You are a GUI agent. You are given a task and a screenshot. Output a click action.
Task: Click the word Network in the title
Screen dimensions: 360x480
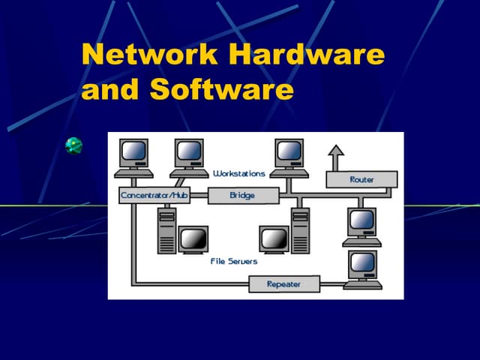[150, 55]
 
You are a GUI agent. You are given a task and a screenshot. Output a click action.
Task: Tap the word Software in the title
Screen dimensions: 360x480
[221, 90]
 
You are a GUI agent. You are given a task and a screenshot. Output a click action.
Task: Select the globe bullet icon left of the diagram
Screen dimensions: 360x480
[73, 145]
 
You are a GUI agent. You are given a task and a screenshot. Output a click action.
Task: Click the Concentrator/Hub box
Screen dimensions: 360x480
[154, 196]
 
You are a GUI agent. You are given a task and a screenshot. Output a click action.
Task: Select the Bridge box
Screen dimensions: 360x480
[242, 196]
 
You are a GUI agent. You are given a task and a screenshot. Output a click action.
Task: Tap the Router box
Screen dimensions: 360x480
[361, 179]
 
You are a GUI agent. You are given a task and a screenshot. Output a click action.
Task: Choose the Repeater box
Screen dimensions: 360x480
[283, 284]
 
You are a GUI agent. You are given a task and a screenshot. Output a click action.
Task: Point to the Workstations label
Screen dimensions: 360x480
[238, 173]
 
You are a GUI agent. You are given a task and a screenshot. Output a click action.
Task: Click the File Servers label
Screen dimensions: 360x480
[233, 261]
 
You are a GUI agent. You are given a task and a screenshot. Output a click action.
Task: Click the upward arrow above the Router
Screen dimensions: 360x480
[336, 157]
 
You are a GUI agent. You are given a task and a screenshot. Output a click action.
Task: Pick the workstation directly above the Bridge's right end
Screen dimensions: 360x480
[289, 157]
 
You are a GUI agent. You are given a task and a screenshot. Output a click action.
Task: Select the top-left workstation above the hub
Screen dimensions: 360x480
[135, 157]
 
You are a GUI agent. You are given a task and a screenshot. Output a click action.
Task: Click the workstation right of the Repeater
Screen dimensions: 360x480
[362, 269]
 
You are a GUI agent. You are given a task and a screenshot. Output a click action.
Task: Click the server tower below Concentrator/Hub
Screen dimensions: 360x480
[166, 232]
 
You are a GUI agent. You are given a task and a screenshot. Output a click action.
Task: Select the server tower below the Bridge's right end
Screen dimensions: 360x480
[300, 232]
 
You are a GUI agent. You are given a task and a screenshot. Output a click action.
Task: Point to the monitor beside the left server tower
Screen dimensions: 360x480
[193, 240]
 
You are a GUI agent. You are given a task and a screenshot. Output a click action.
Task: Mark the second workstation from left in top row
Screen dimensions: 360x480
[189, 157]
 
